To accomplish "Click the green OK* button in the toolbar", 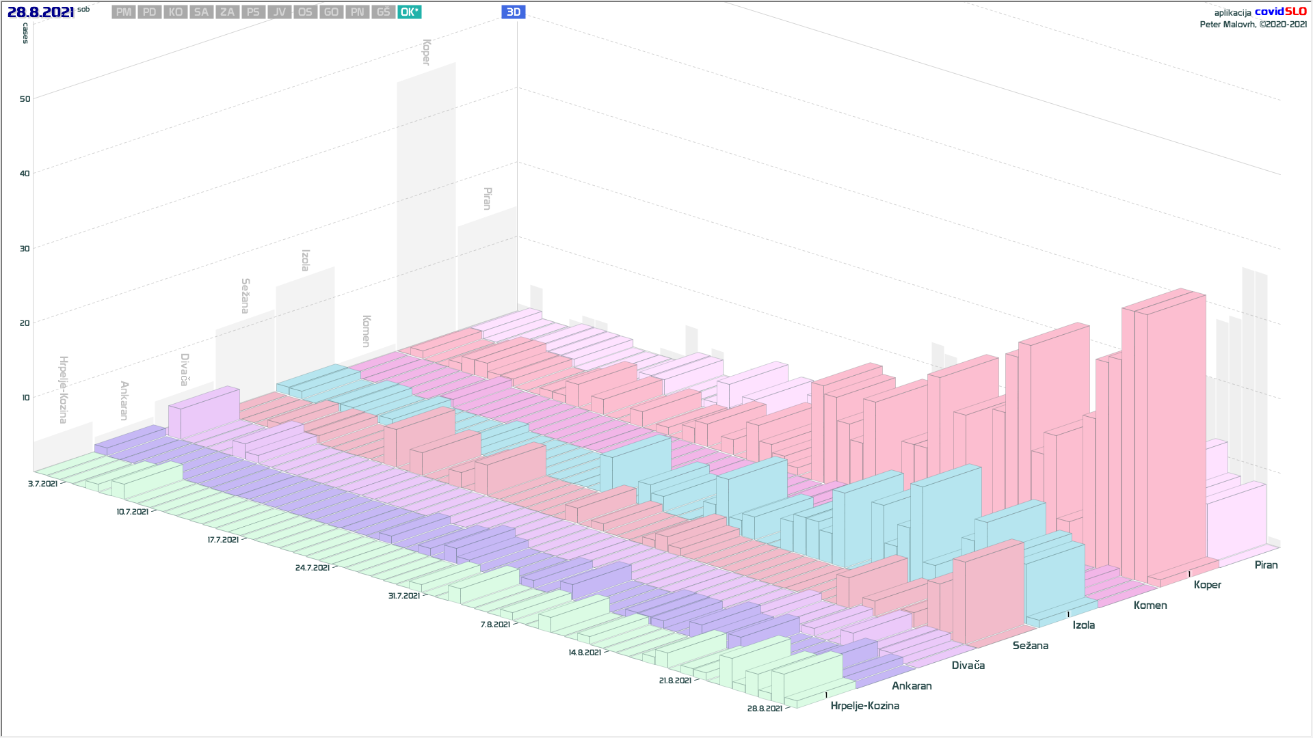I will (x=409, y=12).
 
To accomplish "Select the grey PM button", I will (x=124, y=12).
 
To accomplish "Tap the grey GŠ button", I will (x=383, y=12).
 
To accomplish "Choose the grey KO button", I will (x=176, y=12).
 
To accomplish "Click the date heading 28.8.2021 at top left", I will (x=40, y=12).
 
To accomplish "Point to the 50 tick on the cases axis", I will (x=25, y=99).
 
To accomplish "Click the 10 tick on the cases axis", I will (x=26, y=398).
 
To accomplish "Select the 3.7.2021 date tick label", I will (x=42, y=484).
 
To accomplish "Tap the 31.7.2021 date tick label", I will (x=404, y=596).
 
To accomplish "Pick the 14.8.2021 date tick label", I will (x=585, y=653).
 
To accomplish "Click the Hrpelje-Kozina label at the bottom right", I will (x=864, y=706).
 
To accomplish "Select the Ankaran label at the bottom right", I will (x=912, y=686).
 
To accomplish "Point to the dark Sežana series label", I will (x=1030, y=646).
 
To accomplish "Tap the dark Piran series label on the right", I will (x=1266, y=565).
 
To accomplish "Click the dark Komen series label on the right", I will (x=1150, y=605).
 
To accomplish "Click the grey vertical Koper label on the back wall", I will (x=426, y=52).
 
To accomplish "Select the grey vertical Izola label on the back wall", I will (x=306, y=260).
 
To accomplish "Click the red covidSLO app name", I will (x=1280, y=12).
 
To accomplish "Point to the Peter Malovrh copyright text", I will (x=1253, y=25).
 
